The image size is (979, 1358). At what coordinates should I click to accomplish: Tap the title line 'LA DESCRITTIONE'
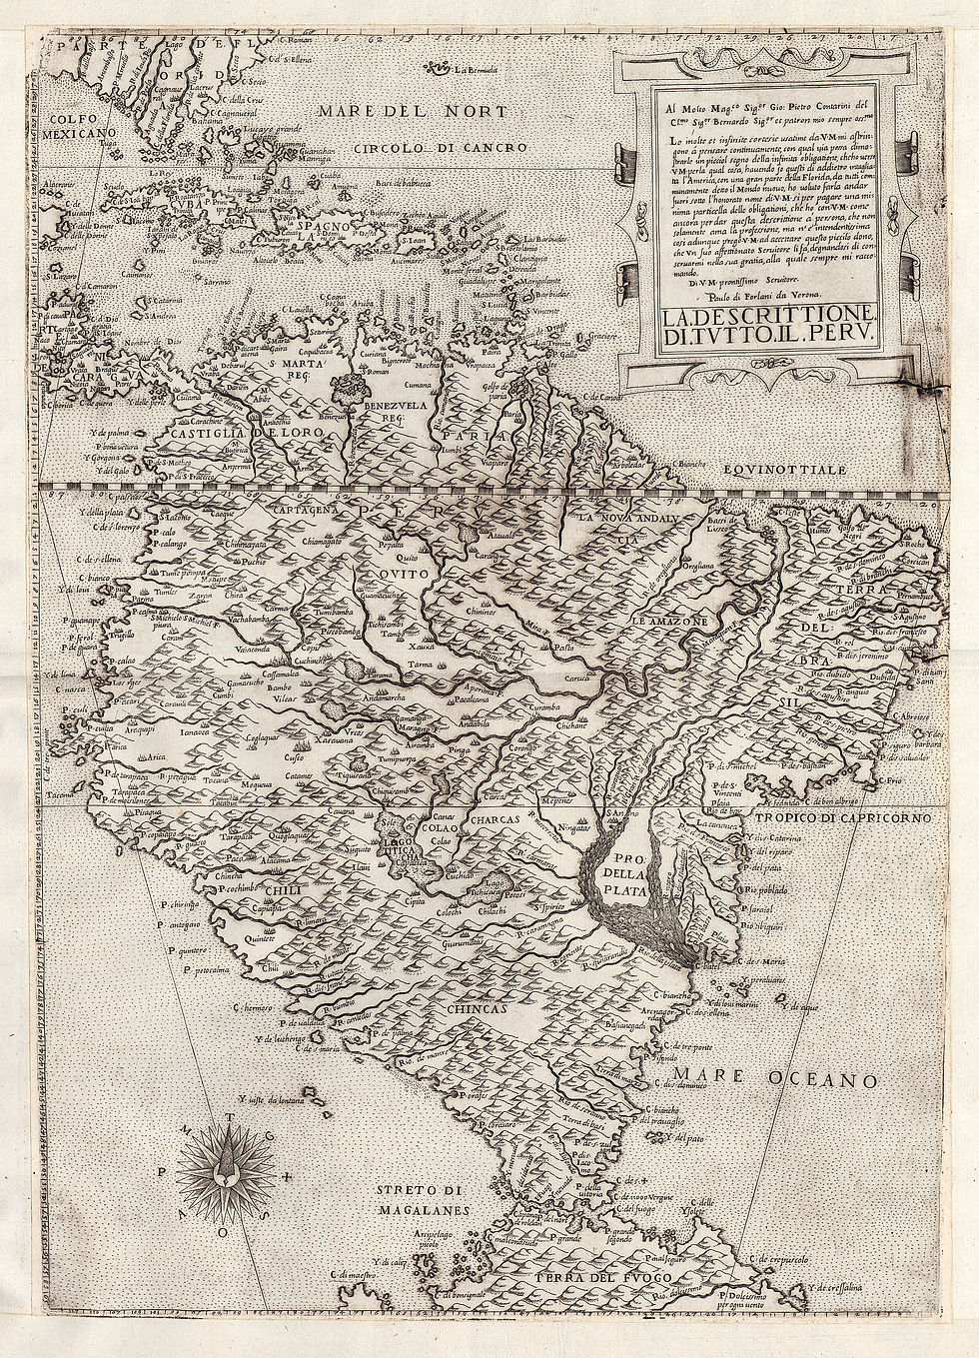(x=767, y=317)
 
